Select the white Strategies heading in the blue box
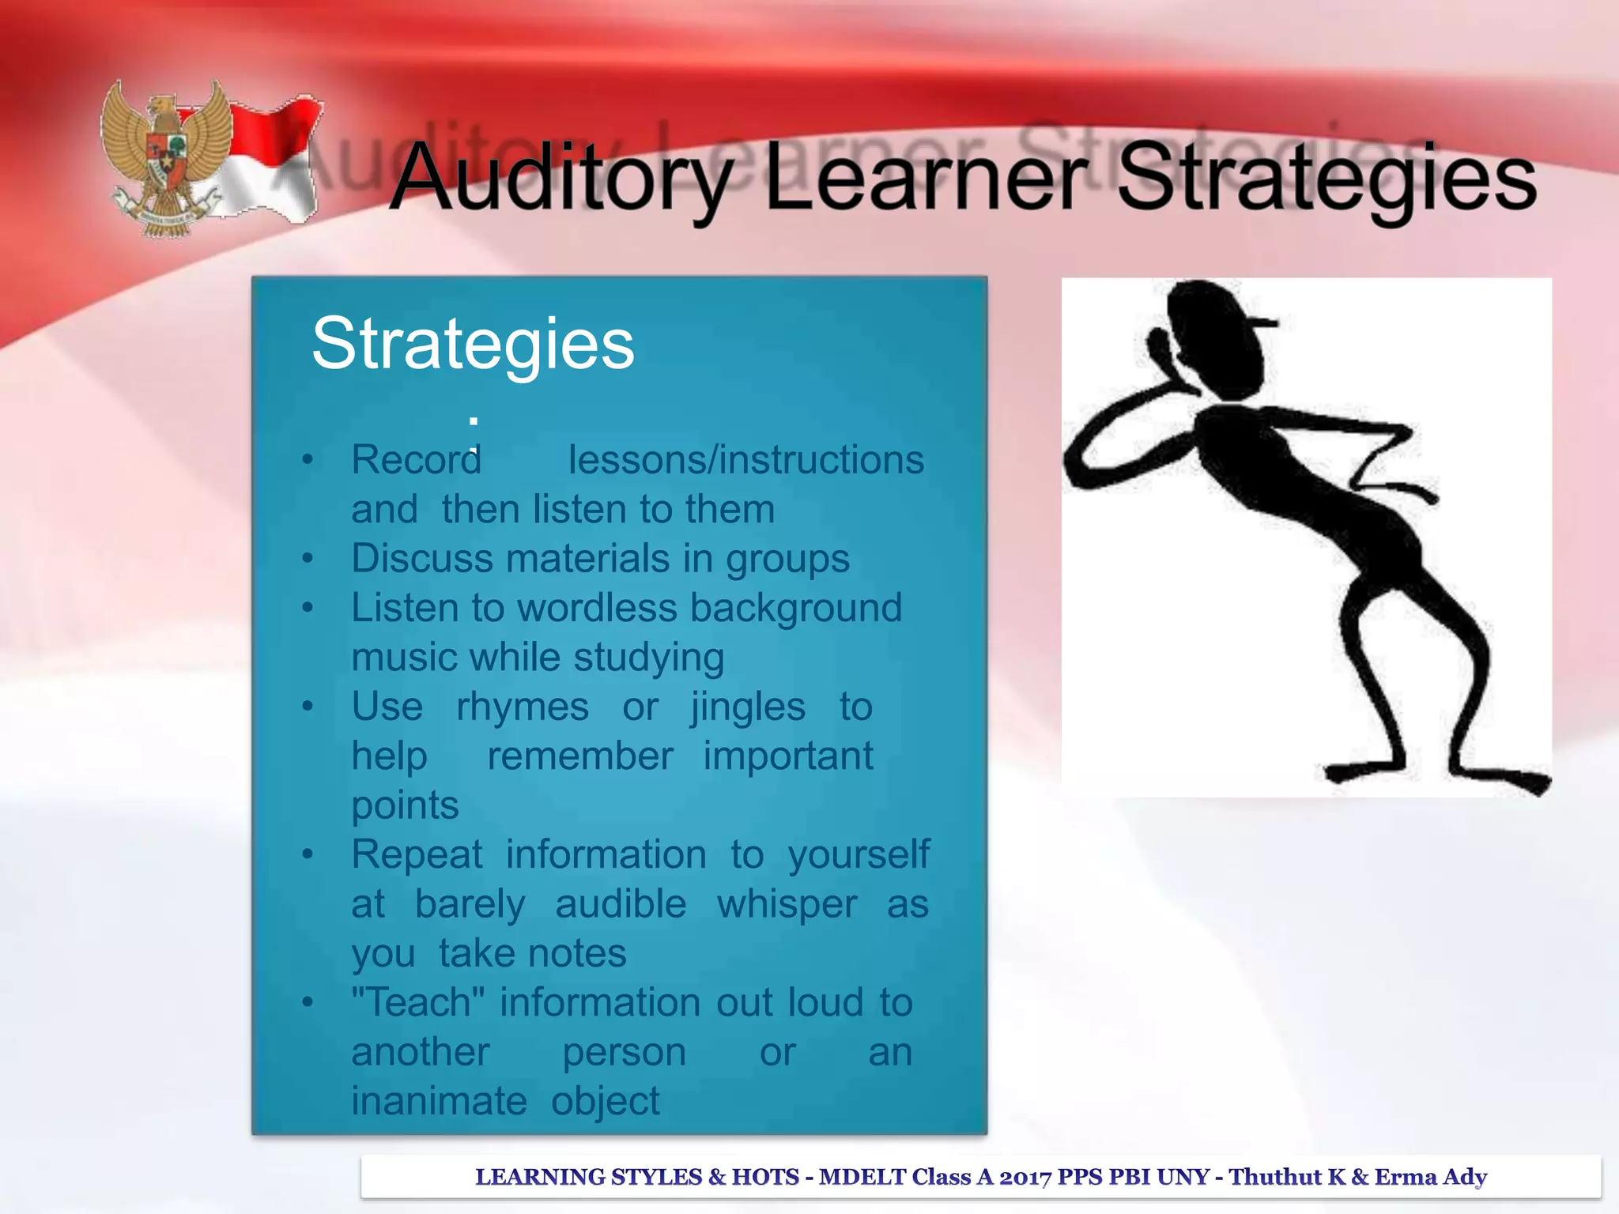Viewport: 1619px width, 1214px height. point(473,345)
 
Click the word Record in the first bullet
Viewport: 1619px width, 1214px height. point(417,460)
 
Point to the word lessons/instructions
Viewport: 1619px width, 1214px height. point(745,460)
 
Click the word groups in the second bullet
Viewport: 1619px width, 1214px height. point(787,560)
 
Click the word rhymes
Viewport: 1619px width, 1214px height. point(523,707)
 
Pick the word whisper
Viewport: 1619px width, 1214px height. point(787,904)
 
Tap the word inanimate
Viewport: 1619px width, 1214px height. point(439,1101)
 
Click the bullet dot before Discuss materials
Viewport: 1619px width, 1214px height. point(308,559)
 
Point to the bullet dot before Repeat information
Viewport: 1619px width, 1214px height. point(308,854)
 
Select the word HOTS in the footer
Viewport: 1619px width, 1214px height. point(765,1177)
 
